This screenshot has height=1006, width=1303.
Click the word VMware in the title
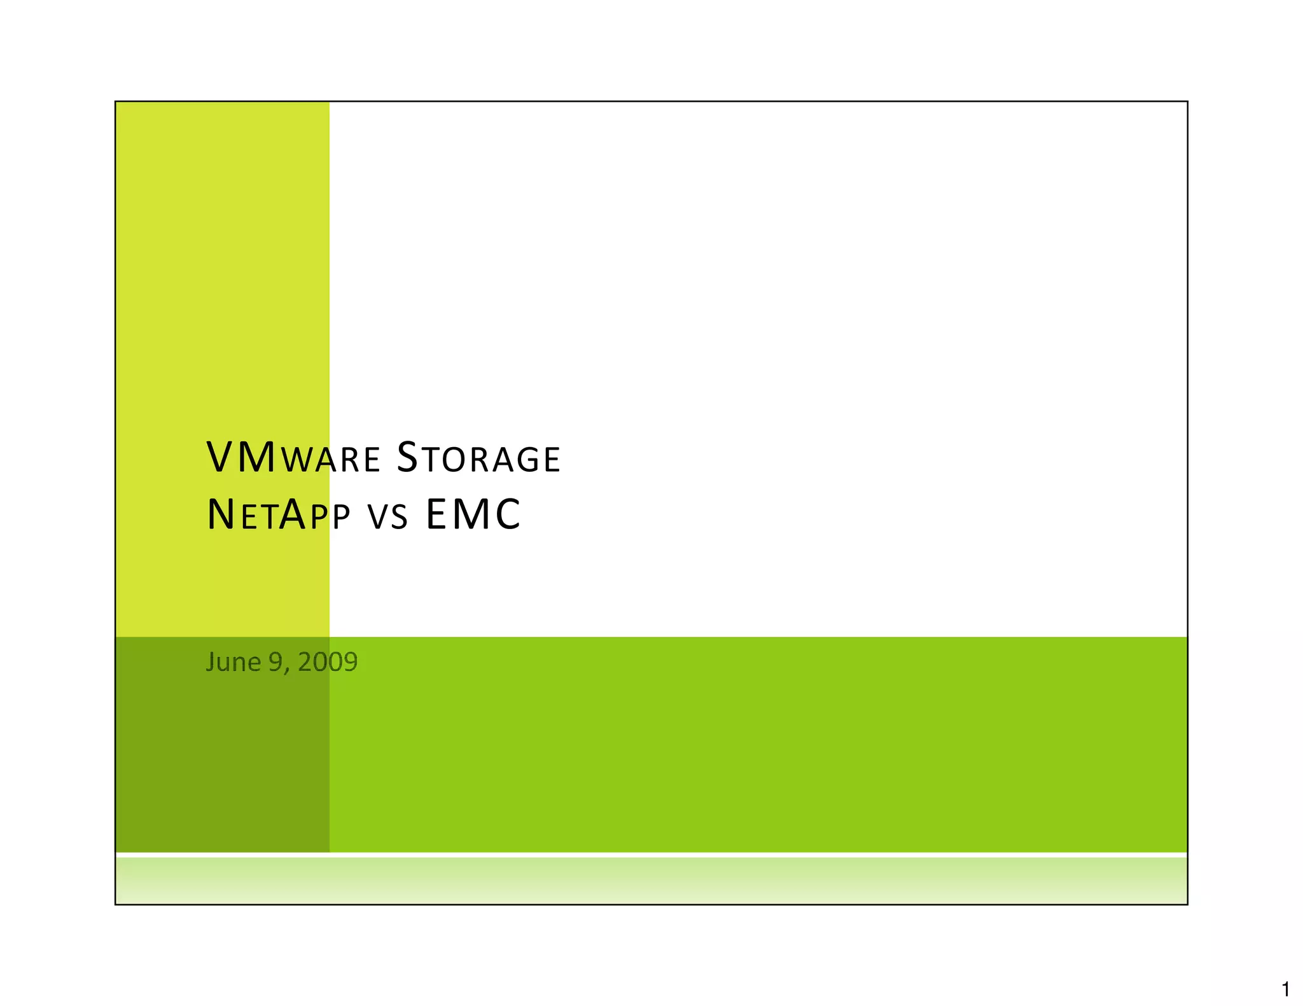point(293,458)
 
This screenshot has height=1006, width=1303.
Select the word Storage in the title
point(478,458)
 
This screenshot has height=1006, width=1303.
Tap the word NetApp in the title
point(279,514)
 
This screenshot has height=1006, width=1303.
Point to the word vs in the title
point(387,516)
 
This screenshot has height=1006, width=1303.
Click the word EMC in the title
point(473,514)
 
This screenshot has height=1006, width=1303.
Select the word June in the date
point(233,663)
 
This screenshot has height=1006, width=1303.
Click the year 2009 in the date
point(328,663)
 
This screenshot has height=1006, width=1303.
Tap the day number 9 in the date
point(275,663)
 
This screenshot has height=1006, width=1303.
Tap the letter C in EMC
point(507,514)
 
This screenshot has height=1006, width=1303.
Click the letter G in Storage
point(523,460)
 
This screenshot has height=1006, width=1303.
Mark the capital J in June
point(211,663)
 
